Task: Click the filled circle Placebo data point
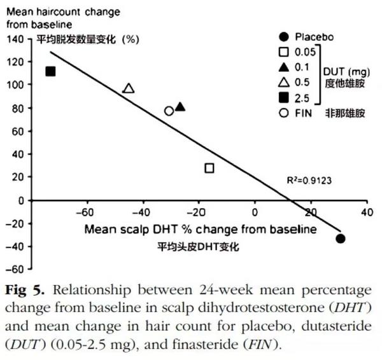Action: point(341,239)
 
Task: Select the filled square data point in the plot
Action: point(51,71)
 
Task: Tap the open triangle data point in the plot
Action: point(129,88)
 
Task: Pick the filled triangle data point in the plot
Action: point(180,107)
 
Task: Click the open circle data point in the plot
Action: point(169,111)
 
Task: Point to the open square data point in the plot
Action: point(209,168)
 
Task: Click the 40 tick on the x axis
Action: point(366,212)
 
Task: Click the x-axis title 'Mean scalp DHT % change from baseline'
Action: point(200,228)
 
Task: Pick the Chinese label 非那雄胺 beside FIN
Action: point(345,114)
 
